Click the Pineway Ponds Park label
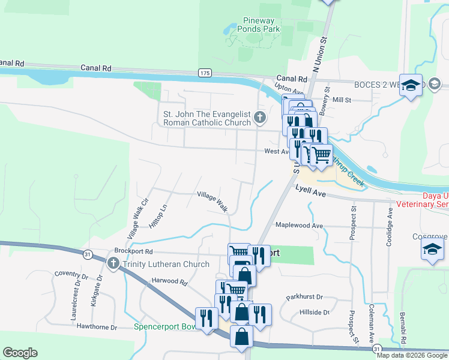coord(259,24)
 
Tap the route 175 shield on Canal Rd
coord(205,73)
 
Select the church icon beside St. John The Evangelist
coord(260,117)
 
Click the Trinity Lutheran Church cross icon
coord(113,263)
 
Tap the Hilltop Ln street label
coord(157,216)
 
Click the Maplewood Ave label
coord(299,226)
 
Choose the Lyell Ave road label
coord(310,192)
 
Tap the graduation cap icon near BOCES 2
coord(411,86)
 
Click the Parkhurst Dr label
coord(304,297)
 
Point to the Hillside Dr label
coord(315,313)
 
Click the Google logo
coord(20,353)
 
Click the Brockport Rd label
coord(134,252)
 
